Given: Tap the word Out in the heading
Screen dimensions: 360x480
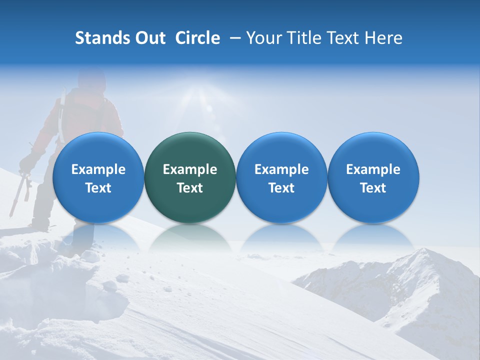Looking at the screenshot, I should pos(149,38).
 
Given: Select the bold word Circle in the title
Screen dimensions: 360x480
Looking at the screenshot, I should pos(197,38).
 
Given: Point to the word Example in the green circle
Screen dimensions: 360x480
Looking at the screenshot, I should pos(189,169).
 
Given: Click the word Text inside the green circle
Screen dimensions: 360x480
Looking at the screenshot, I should pos(189,188).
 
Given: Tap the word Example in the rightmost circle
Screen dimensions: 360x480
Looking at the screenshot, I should pos(373,169).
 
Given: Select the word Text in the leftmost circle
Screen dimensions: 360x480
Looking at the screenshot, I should pos(98,188).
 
